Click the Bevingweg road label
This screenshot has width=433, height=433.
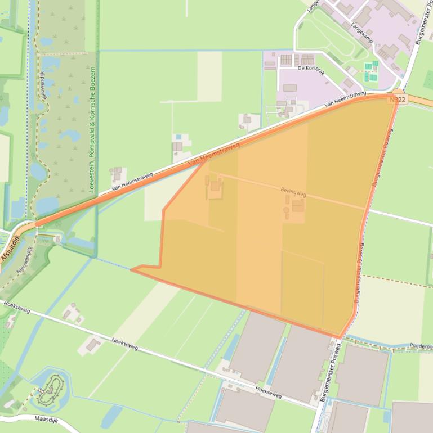pyautogui.click(x=293, y=192)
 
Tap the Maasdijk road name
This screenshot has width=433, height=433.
pyautogui.click(x=47, y=418)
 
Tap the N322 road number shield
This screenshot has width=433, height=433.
pyautogui.click(x=397, y=99)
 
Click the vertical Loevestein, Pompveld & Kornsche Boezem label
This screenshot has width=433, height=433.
pyautogui.click(x=92, y=129)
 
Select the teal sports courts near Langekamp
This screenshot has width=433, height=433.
pyautogui.click(x=370, y=72)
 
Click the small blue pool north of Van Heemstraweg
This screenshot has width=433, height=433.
pyautogui.click(x=178, y=137)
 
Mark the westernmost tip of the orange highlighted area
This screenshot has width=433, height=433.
pyautogui.click(x=132, y=270)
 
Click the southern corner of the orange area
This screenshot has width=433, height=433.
pyautogui.click(x=340, y=337)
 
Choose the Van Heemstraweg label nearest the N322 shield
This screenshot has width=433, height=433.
pyautogui.click(x=346, y=99)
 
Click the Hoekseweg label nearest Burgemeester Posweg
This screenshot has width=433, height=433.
pyautogui.click(x=268, y=392)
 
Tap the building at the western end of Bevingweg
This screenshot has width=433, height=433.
pyautogui.click(x=215, y=186)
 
